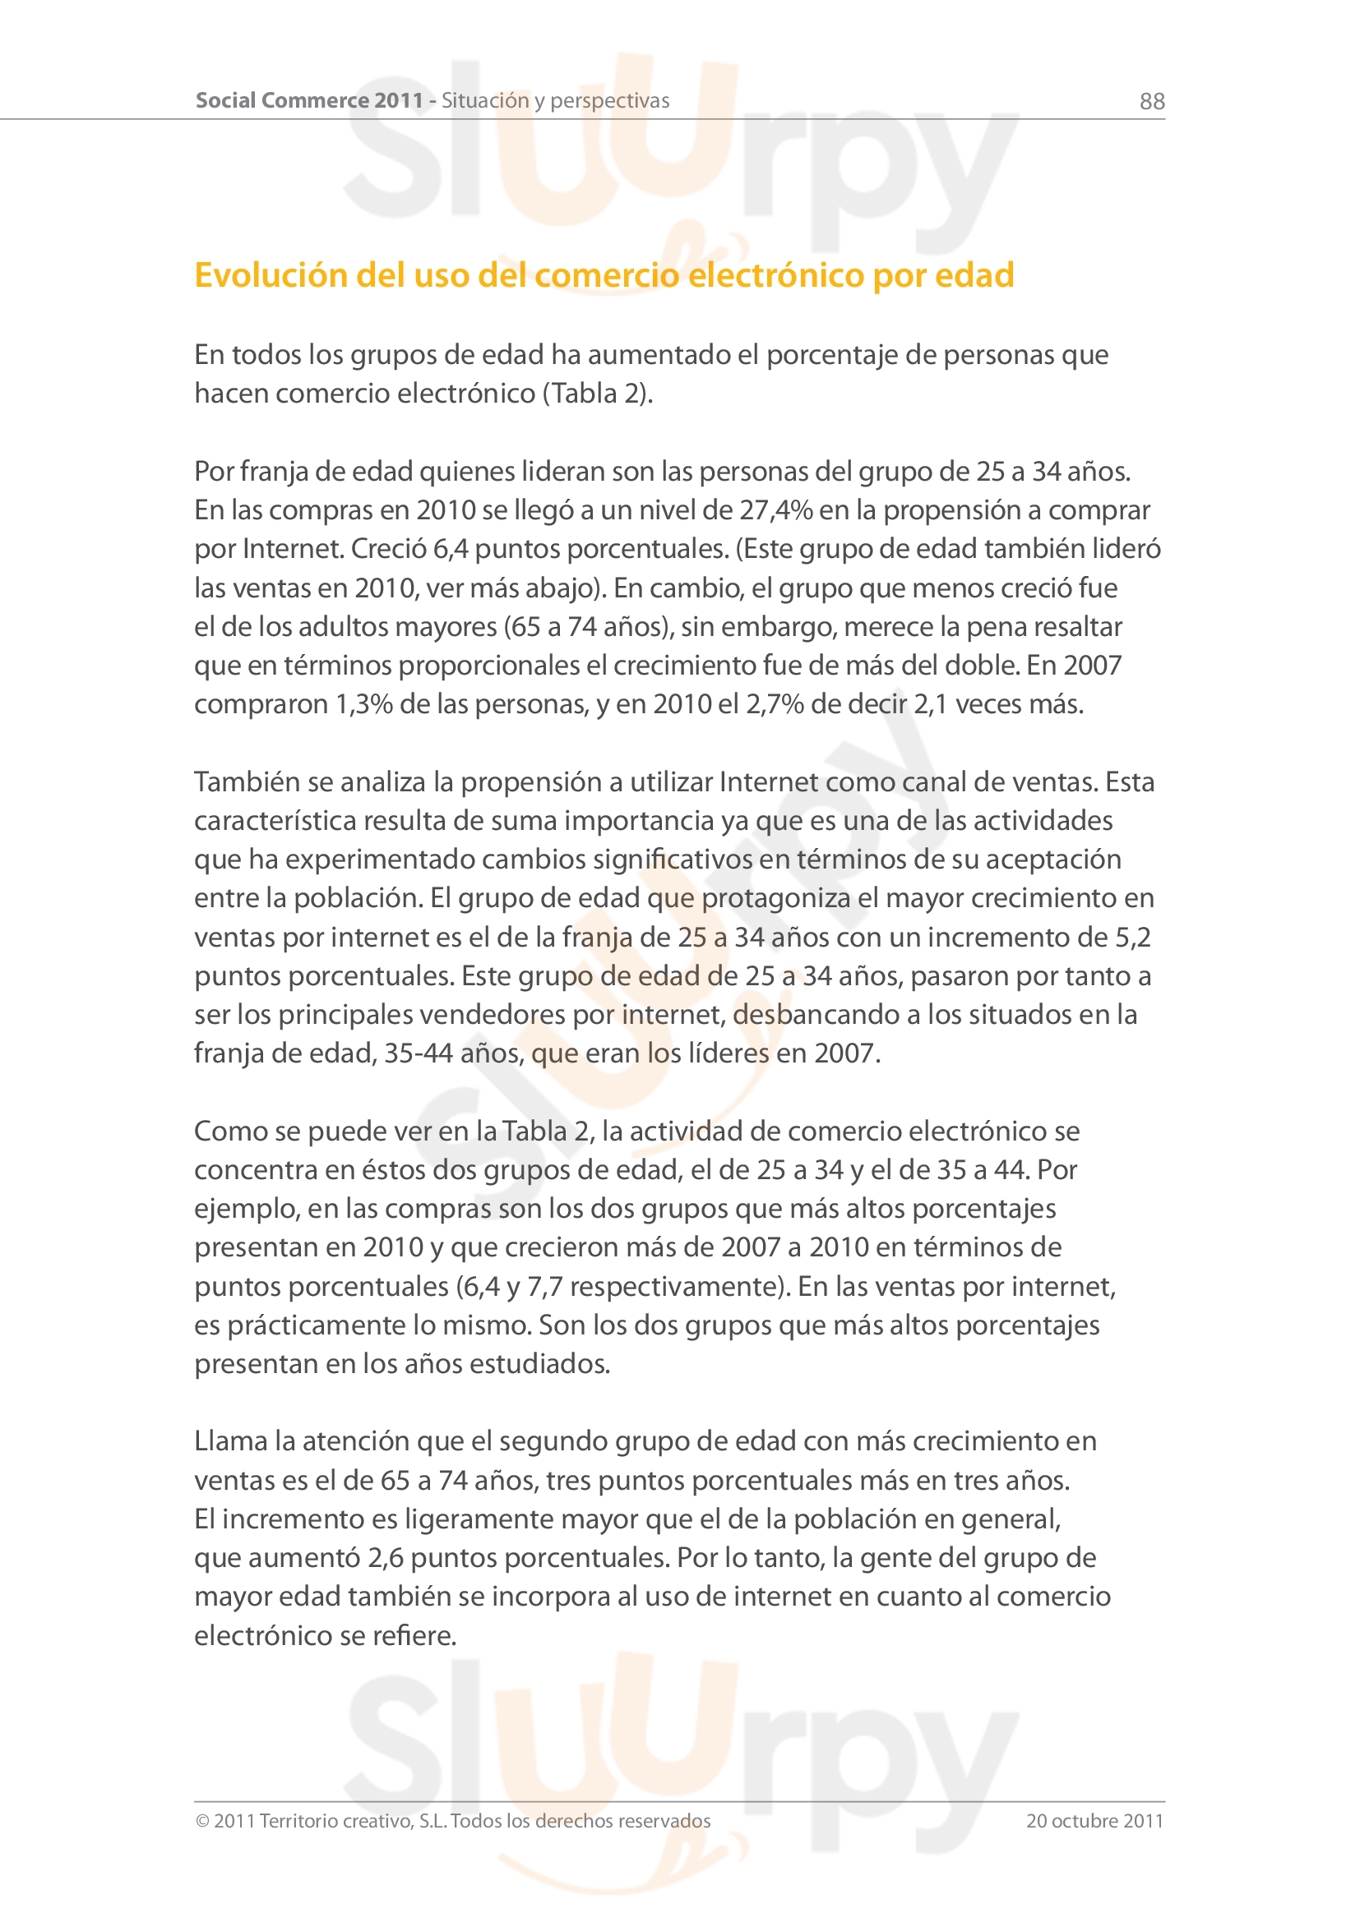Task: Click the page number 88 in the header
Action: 1151,101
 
